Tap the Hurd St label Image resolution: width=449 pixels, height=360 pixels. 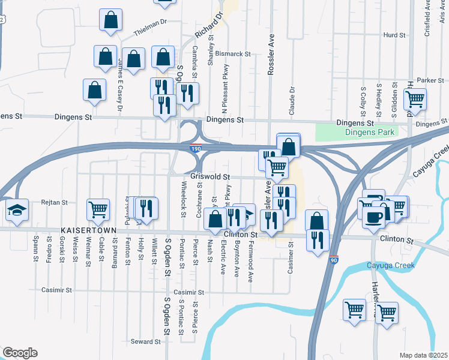click(x=394, y=35)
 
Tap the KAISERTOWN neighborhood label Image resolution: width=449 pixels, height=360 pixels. click(x=84, y=230)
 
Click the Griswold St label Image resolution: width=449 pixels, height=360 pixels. click(x=211, y=177)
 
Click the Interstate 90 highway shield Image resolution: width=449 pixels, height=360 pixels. click(x=334, y=259)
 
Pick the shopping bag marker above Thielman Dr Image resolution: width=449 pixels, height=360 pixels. click(x=111, y=20)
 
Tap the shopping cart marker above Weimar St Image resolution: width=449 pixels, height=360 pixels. click(x=98, y=209)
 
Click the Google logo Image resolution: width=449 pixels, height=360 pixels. click(x=20, y=353)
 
